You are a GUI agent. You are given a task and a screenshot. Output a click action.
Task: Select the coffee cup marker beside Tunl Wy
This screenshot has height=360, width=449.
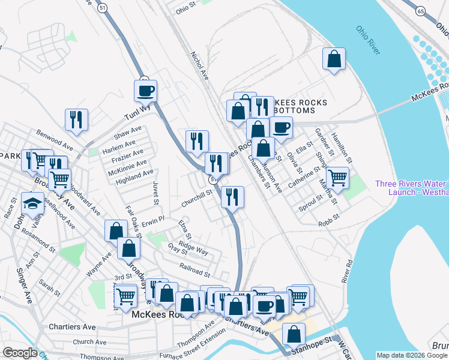click(x=145, y=91)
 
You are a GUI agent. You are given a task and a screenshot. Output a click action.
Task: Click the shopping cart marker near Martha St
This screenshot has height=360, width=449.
click(x=338, y=177)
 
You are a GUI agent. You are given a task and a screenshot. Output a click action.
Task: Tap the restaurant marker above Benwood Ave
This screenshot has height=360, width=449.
click(x=77, y=119)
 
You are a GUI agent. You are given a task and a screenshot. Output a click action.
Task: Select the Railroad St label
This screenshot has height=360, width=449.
click(x=194, y=270)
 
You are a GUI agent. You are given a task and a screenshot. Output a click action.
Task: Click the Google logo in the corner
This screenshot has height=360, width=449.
click(x=19, y=353)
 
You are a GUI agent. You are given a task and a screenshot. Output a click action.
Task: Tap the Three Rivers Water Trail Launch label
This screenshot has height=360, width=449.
click(x=411, y=188)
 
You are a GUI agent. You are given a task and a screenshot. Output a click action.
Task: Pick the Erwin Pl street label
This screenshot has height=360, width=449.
click(x=153, y=222)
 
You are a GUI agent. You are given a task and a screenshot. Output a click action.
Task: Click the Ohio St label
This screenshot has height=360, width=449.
click(x=186, y=10)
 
